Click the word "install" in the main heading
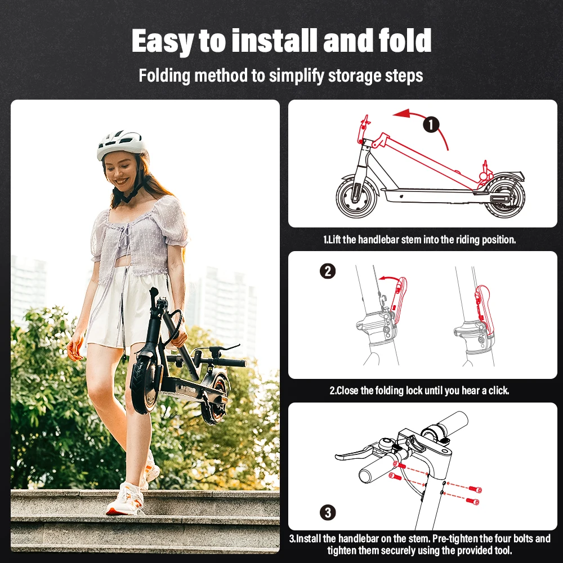coord(275,41)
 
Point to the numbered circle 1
coord(431,125)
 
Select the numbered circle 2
coord(328,271)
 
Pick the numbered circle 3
coord(328,512)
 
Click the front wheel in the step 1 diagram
coord(357,197)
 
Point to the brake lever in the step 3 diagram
coord(354,453)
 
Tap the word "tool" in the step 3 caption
coord(503,551)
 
